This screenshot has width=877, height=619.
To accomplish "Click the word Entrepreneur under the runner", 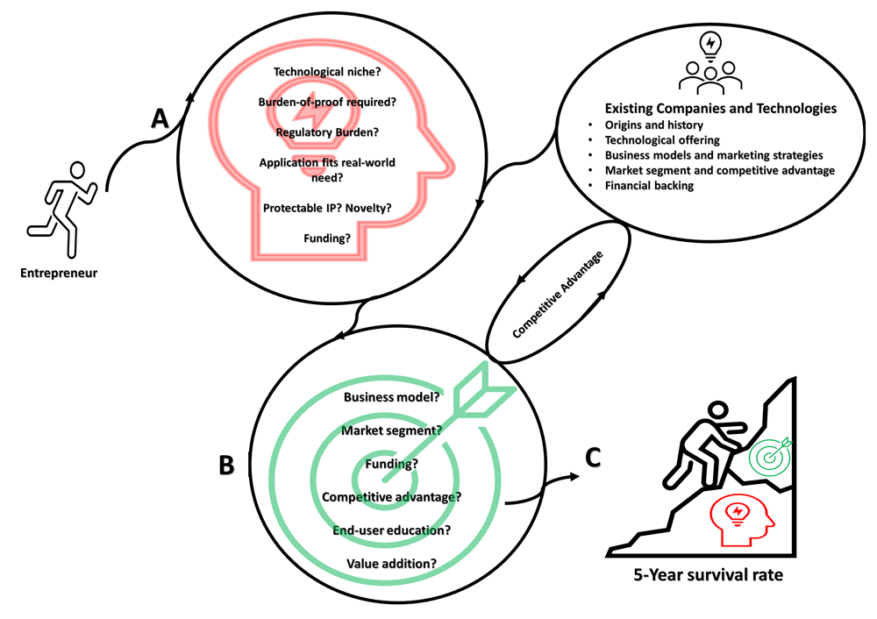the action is tap(59, 273).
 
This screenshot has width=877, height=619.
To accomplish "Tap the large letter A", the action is tap(160, 118).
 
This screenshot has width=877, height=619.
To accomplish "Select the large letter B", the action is tap(226, 465).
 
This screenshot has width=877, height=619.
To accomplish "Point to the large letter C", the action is tap(593, 458).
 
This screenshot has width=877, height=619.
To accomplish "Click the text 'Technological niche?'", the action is tap(327, 72).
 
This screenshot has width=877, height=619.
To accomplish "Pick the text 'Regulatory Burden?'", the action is tap(327, 132).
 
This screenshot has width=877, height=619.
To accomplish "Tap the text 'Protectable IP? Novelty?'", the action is tap(327, 208).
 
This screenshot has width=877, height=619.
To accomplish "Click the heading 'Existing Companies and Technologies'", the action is tap(720, 109).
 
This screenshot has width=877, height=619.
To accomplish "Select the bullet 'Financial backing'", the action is tap(649, 186).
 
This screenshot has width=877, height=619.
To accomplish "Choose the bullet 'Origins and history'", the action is tap(654, 125).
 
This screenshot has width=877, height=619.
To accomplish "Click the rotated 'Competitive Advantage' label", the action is tap(558, 295).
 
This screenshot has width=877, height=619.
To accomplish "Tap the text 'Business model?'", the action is tap(391, 397).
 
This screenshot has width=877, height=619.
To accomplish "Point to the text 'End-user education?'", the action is tap(391, 530).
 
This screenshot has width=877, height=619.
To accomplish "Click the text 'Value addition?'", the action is tap(391, 564).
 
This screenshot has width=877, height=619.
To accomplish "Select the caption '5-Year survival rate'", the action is tap(708, 575).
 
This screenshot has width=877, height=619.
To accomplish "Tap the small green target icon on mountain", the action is tap(771, 454).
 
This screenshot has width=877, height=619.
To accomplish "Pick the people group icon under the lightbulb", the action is tap(710, 77).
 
